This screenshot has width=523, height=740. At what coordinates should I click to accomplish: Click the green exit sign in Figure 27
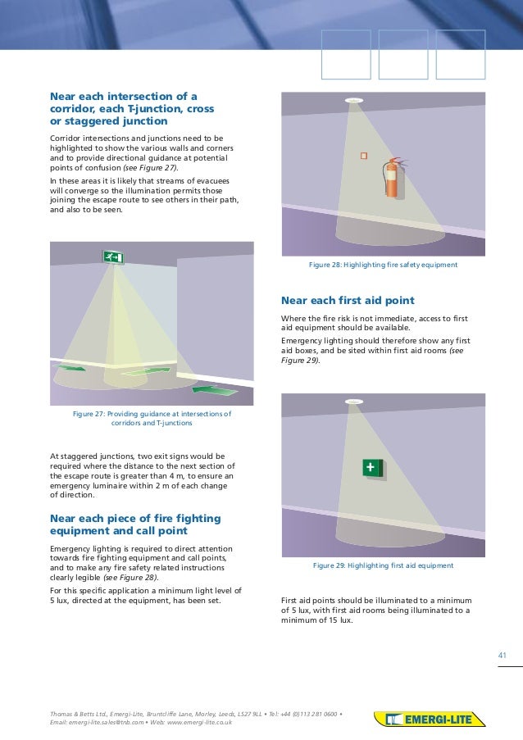112,257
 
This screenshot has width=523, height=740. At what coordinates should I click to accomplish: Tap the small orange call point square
364,155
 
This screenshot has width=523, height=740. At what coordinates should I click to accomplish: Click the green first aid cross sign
373,467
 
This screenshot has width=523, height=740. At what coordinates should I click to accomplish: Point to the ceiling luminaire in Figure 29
354,401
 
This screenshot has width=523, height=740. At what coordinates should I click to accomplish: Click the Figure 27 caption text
152,419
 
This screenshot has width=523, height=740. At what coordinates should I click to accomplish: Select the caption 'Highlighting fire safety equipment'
382,265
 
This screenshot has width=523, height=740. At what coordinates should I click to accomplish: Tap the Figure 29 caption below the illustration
383,565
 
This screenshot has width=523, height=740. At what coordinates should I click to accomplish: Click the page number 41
503,654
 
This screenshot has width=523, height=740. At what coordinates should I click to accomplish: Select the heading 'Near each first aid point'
348,300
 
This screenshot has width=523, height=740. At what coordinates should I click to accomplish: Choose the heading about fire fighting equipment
135,524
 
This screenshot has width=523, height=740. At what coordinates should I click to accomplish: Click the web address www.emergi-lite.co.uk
199,722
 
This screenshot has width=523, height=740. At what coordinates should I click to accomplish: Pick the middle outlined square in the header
403,55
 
